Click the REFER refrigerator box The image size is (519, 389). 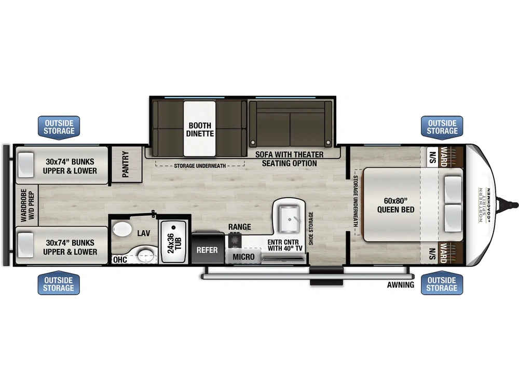[x=207, y=250]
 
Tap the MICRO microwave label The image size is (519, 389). [x=243, y=257]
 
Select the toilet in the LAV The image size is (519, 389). [x=123, y=229]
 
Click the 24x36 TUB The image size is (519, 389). [x=174, y=242]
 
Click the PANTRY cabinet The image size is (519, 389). [x=126, y=164]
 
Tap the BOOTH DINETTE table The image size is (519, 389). [x=200, y=129]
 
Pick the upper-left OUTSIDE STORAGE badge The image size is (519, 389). [x=59, y=127]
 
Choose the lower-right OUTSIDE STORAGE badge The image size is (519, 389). [x=442, y=284]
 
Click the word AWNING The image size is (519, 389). [x=401, y=285]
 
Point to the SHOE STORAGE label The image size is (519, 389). [x=311, y=228]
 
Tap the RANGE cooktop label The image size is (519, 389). [x=239, y=227]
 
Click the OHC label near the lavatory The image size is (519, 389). [x=120, y=259]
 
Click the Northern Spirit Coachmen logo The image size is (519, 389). [x=484, y=205]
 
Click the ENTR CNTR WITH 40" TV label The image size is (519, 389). [x=285, y=245]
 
